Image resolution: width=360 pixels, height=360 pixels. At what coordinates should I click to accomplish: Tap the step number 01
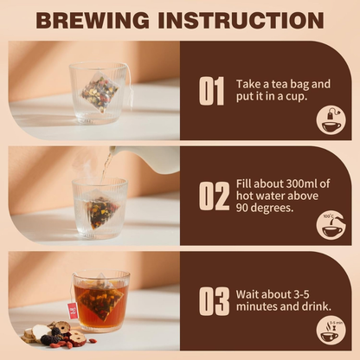coord(212,91)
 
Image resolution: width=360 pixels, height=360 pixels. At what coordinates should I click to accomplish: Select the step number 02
coord(213,196)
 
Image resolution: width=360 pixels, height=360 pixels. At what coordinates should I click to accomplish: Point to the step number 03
coord(213,300)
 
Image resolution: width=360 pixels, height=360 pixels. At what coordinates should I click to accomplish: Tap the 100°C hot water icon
coord(331,225)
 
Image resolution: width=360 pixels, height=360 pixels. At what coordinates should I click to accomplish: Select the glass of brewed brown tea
coord(102,303)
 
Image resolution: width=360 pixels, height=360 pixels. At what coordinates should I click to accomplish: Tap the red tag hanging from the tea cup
coord(72,311)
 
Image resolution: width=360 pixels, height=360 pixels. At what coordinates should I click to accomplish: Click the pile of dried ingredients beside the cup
coord(51,333)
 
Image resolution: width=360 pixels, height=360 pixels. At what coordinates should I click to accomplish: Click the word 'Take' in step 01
coord(250,84)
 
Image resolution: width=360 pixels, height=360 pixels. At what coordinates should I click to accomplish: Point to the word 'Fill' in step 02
coord(246,183)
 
